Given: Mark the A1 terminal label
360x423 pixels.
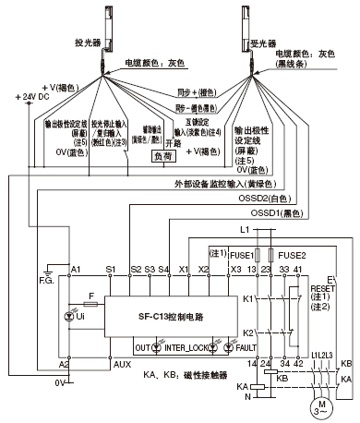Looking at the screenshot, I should point(76,269).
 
